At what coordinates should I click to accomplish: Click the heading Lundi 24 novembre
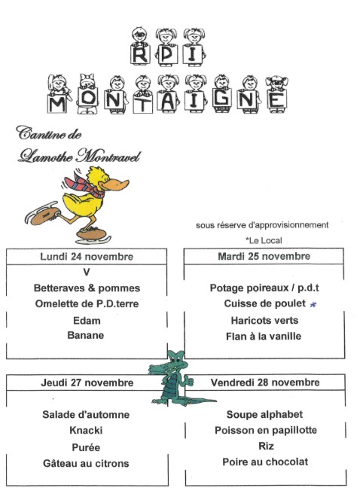87,257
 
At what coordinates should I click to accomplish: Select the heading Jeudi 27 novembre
87,383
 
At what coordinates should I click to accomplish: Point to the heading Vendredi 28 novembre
265,383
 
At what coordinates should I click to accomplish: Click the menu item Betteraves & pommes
87,288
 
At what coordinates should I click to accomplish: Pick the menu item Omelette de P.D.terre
87,303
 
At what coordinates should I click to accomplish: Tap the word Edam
87,320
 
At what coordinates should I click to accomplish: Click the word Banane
87,335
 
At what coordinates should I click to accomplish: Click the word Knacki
86,431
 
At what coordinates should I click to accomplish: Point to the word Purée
86,447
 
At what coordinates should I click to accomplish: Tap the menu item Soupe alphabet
265,415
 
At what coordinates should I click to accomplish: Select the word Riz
265,446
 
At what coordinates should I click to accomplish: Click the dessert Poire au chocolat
265,462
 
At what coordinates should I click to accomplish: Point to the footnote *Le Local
262,240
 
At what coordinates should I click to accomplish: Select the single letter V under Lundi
87,273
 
